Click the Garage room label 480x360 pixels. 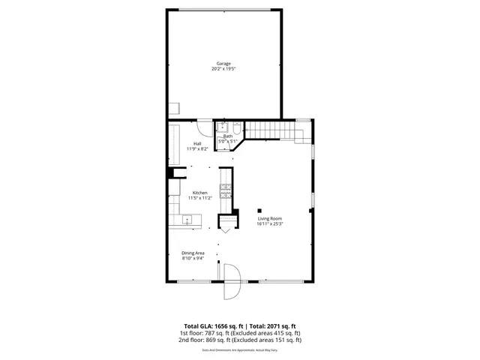pyautogui.click(x=223, y=64)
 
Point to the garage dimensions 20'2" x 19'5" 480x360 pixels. pyautogui.click(x=223, y=69)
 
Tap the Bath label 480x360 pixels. pyautogui.click(x=228, y=136)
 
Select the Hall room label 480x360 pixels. pyautogui.click(x=197, y=143)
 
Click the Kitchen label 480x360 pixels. pyautogui.click(x=199, y=193)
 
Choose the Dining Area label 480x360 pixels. pyautogui.click(x=193, y=253)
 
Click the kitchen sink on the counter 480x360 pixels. pyautogui.click(x=187, y=220)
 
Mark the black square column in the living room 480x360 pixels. pyautogui.click(x=259, y=209)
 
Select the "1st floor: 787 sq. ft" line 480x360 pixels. pyautogui.click(x=206, y=333)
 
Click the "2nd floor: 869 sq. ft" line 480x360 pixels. pyautogui.click(x=207, y=340)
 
